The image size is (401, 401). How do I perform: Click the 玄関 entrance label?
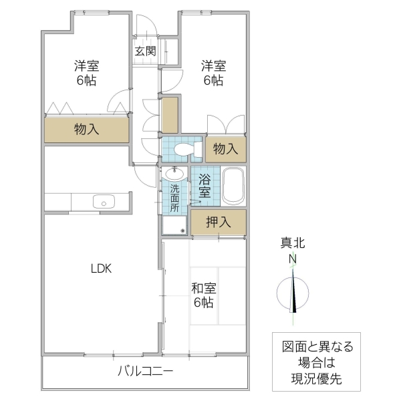145,51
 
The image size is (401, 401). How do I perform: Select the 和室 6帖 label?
203,295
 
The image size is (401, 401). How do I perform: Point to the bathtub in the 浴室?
233,187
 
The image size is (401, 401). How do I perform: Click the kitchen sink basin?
104,202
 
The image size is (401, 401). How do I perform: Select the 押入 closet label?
218,223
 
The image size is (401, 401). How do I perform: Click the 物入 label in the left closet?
87,129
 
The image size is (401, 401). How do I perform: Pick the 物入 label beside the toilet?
225,149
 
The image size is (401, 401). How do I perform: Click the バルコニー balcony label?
146,372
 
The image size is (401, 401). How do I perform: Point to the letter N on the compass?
293,258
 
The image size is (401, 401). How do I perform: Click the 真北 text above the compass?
293,243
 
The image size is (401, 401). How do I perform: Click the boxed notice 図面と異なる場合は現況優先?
316,364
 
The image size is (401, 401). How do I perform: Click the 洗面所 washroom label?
174,198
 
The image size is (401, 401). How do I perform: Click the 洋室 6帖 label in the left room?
87,73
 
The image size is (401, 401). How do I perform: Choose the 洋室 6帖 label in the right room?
213,73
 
